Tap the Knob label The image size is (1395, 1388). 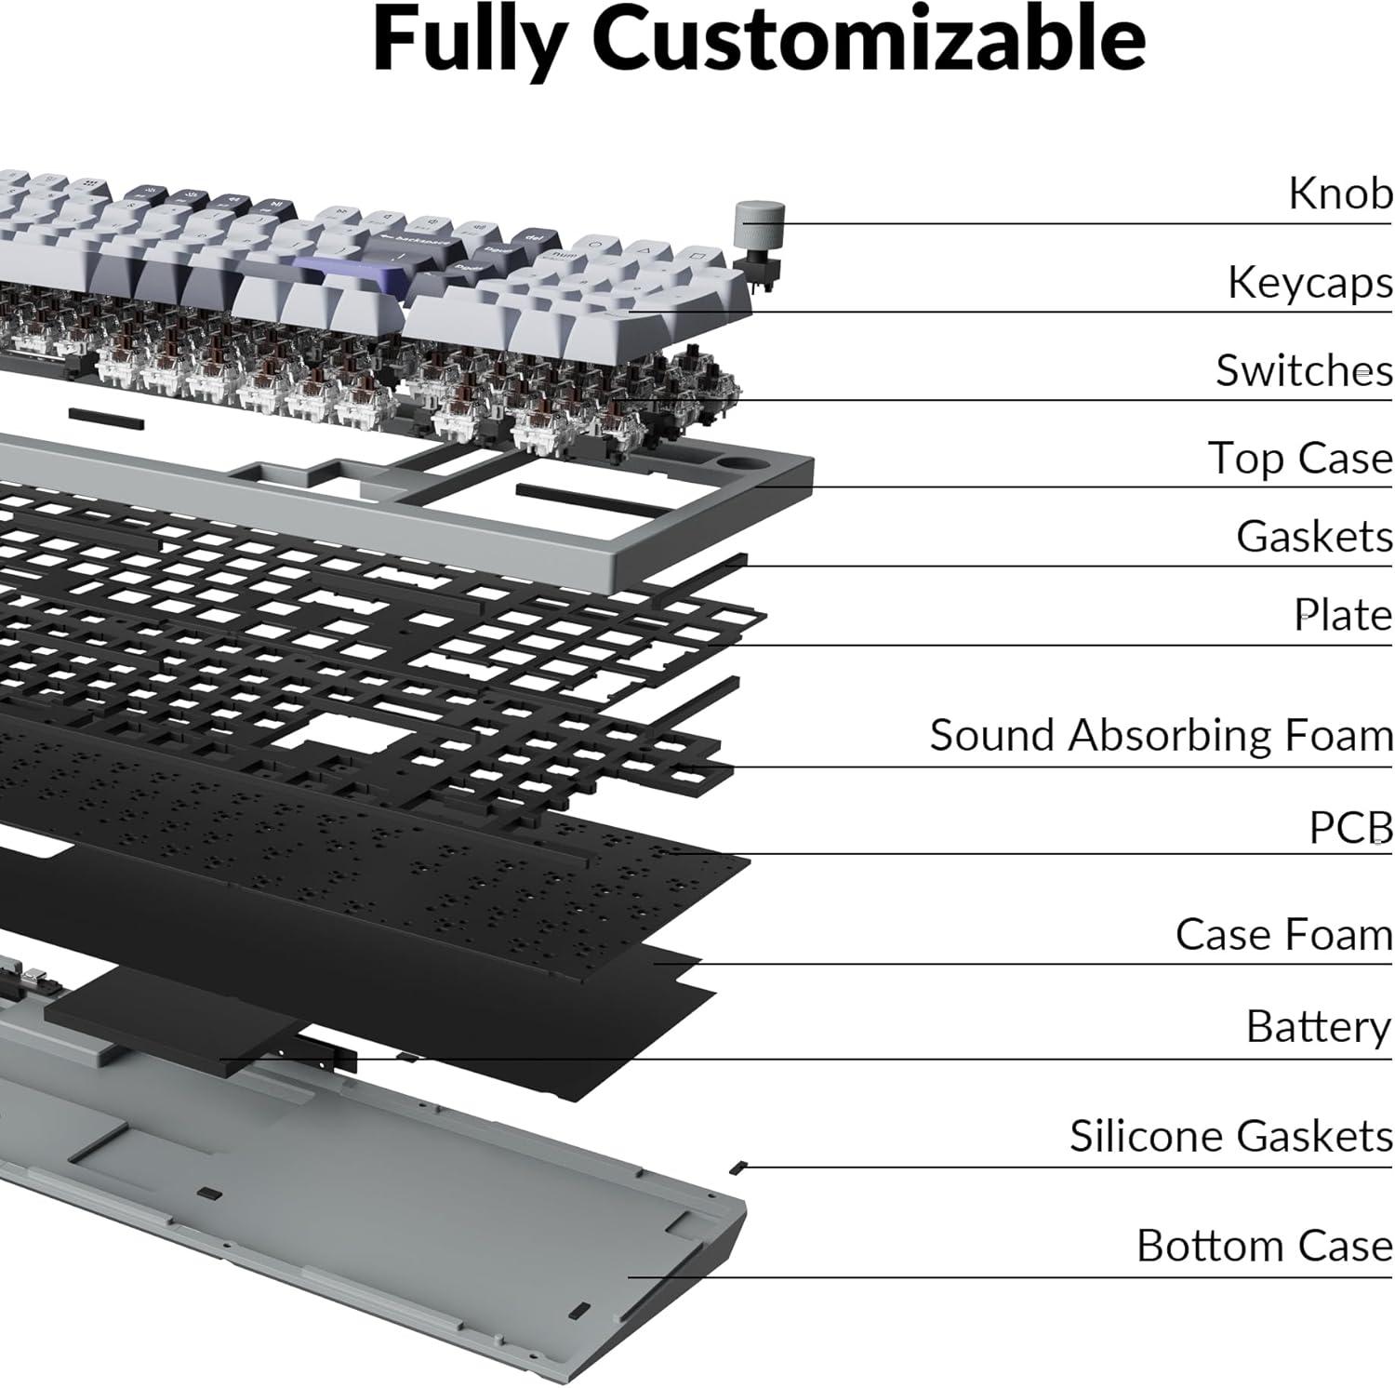click(1339, 194)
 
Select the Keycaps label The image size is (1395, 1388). click(1309, 283)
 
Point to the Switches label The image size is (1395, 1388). click(1304, 370)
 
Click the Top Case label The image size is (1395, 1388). click(1299, 458)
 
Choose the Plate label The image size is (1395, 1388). click(1343, 615)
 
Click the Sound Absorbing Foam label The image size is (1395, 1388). click(1161, 735)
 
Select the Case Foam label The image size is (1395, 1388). click(1283, 935)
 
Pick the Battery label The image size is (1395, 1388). click(1318, 1027)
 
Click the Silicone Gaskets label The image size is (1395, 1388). click(1230, 1136)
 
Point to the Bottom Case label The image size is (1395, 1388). click(1264, 1246)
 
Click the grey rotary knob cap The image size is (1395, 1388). click(760, 224)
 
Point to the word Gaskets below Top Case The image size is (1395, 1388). click(1314, 537)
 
